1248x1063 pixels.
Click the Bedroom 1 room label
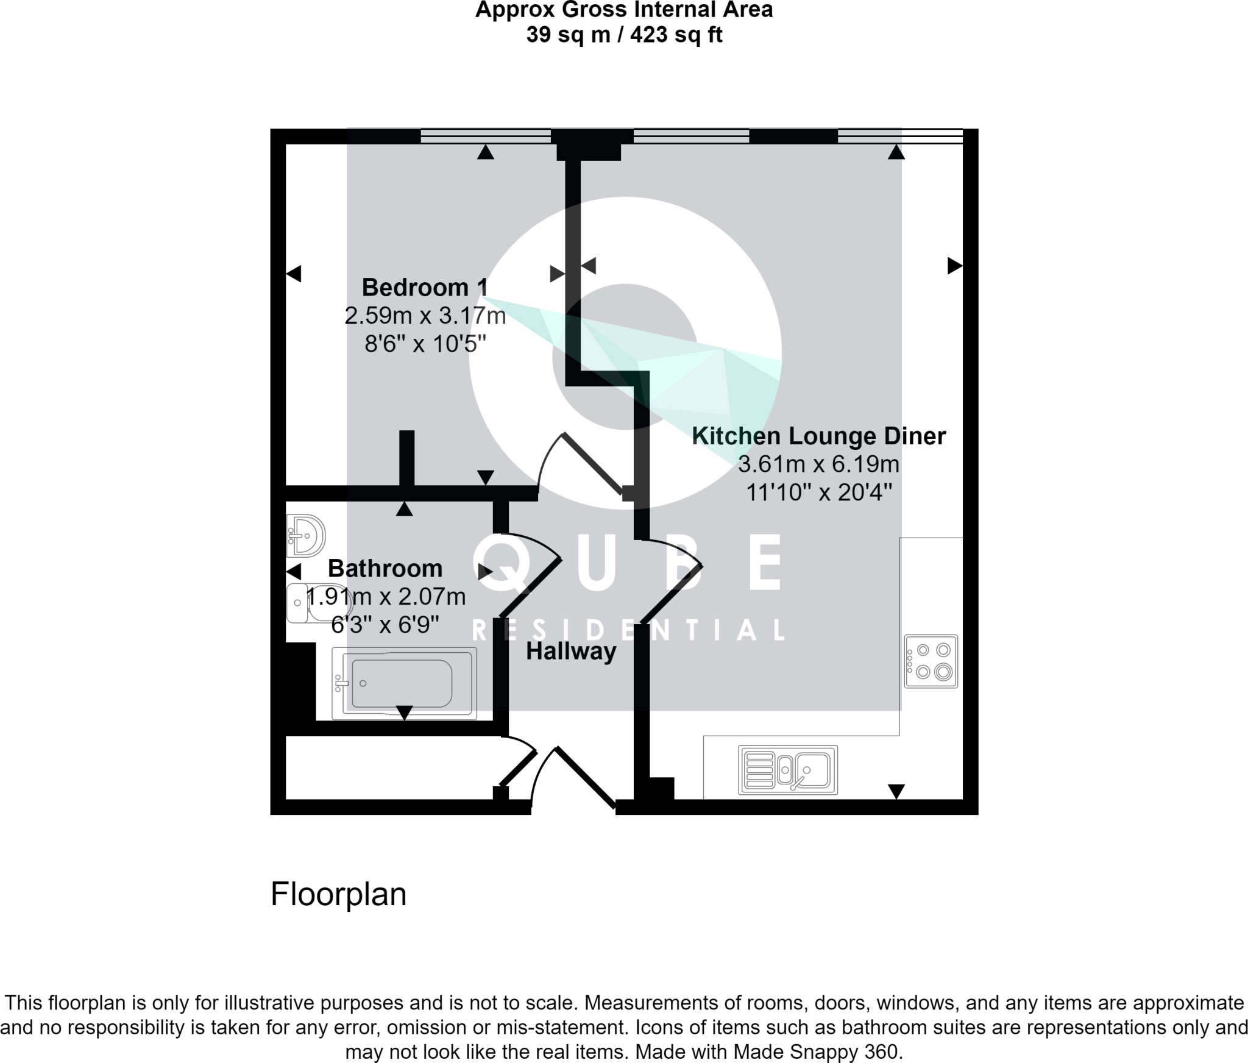(425, 287)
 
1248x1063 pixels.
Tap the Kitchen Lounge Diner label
(818, 436)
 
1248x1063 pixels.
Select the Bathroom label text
(385, 568)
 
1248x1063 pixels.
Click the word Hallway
(571, 651)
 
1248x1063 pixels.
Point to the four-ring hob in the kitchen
(931, 661)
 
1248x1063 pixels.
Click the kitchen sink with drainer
(788, 770)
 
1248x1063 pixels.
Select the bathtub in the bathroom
(403, 683)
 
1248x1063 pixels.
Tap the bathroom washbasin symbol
(306, 536)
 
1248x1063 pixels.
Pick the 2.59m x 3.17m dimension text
(425, 316)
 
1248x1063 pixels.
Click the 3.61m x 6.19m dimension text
(818, 464)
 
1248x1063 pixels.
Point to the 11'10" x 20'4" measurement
(818, 492)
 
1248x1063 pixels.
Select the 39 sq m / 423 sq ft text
(623, 35)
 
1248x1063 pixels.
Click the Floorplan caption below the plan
(338, 894)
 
